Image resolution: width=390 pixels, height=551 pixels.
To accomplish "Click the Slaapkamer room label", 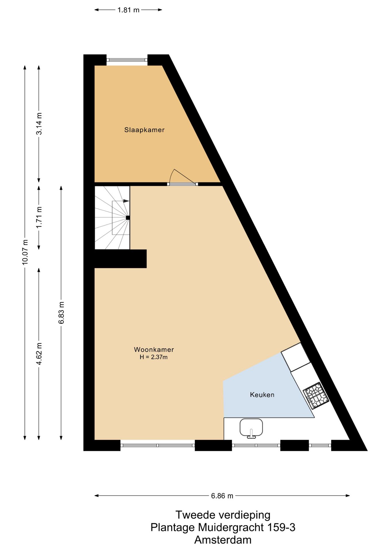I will click(x=144, y=130).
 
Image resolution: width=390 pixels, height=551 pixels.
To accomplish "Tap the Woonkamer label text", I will click(x=154, y=350).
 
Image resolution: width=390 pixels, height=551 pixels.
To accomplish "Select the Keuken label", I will click(x=262, y=395).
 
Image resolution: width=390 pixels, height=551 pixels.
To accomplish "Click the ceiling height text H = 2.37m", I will click(x=154, y=357).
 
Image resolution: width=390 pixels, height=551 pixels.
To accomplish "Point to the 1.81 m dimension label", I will click(x=128, y=10).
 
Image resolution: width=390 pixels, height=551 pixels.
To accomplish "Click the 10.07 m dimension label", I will click(x=25, y=252).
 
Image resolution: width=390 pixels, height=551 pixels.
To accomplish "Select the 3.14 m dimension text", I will click(x=39, y=124).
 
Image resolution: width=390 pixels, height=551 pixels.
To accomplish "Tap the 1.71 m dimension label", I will click(x=39, y=217).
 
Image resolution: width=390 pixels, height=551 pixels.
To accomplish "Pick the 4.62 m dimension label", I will click(x=39, y=354).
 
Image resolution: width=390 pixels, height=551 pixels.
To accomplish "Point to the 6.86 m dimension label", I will click(x=222, y=496).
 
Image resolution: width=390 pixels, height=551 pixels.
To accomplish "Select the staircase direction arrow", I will click(x=126, y=201).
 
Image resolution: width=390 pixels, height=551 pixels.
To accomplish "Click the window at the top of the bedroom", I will click(x=127, y=60).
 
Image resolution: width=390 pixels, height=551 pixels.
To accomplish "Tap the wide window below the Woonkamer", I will click(x=157, y=445).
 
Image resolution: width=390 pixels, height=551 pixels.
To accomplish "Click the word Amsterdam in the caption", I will click(x=223, y=540).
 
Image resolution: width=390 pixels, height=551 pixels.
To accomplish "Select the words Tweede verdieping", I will click(x=223, y=515).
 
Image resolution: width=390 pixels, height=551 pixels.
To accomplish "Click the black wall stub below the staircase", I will click(x=121, y=259).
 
